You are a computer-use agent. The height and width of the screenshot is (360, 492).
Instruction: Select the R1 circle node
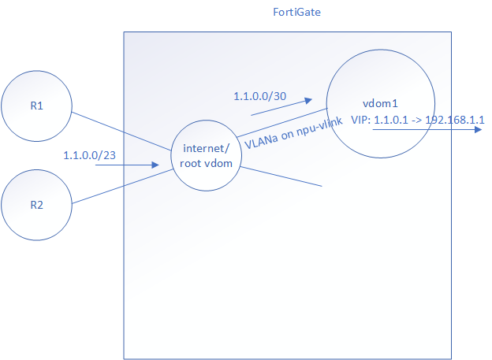[x=37, y=108]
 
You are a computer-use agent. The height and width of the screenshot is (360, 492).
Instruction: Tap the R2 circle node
[x=37, y=205]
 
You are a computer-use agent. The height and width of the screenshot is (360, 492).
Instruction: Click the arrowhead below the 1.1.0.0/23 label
[x=158, y=165]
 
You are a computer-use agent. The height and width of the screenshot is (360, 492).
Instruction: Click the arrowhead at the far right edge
[x=479, y=132]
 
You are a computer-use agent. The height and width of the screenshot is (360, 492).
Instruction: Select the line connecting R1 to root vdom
[x=122, y=131]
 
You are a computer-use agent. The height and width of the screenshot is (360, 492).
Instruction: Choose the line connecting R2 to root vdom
[x=122, y=187]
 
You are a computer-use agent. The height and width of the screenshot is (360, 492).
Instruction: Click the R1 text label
[x=37, y=108]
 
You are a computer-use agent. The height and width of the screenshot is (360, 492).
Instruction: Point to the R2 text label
[x=37, y=205]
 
